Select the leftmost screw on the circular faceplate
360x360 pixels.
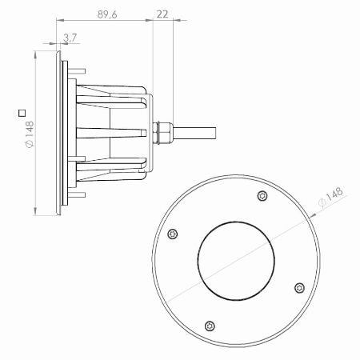(173, 234)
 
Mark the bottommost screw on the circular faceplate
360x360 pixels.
(210, 325)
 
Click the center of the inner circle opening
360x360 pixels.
(236, 261)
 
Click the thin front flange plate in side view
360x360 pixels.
(58, 132)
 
